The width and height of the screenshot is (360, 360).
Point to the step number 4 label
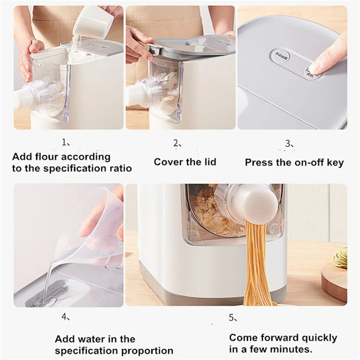click(x=65, y=317)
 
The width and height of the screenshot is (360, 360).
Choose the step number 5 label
click(x=231, y=318)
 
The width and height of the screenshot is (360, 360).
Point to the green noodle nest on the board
click(x=341, y=257)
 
